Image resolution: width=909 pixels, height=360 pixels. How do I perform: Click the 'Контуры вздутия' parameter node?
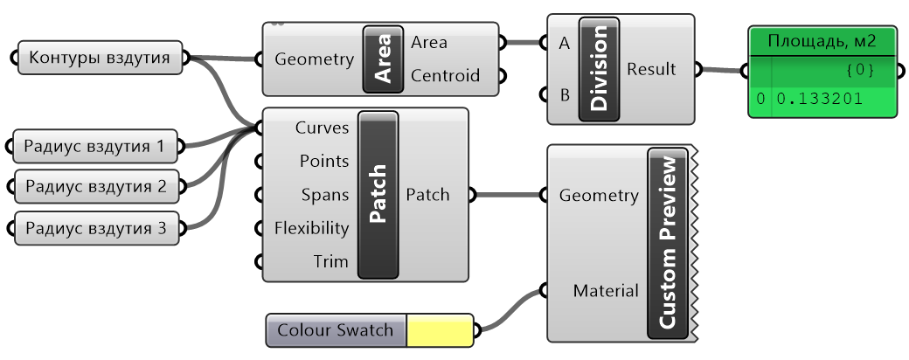(x=101, y=58)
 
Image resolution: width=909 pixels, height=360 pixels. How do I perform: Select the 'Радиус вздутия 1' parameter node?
(x=94, y=147)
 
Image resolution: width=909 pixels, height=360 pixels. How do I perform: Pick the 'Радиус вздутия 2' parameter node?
(x=94, y=186)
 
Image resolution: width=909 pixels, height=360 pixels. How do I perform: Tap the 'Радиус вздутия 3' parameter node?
(x=94, y=229)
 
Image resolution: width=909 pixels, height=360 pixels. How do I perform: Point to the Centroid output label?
(x=445, y=76)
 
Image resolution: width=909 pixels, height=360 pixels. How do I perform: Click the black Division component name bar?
(x=599, y=69)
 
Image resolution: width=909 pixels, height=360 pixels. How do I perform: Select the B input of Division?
(x=564, y=94)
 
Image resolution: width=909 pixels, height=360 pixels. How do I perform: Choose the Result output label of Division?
(x=651, y=69)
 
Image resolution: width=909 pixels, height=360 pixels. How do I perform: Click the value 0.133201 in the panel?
(x=819, y=100)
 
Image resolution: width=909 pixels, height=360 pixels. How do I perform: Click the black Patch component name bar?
(x=378, y=194)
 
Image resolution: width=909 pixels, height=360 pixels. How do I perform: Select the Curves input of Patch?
(x=322, y=128)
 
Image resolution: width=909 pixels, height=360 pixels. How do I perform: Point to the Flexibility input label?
(x=311, y=228)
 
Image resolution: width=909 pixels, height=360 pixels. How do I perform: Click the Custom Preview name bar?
(x=669, y=242)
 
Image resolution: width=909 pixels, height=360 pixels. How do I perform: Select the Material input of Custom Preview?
(x=604, y=290)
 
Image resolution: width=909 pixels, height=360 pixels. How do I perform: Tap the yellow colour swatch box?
(x=440, y=331)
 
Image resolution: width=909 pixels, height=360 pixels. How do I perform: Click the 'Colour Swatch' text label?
(x=336, y=331)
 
